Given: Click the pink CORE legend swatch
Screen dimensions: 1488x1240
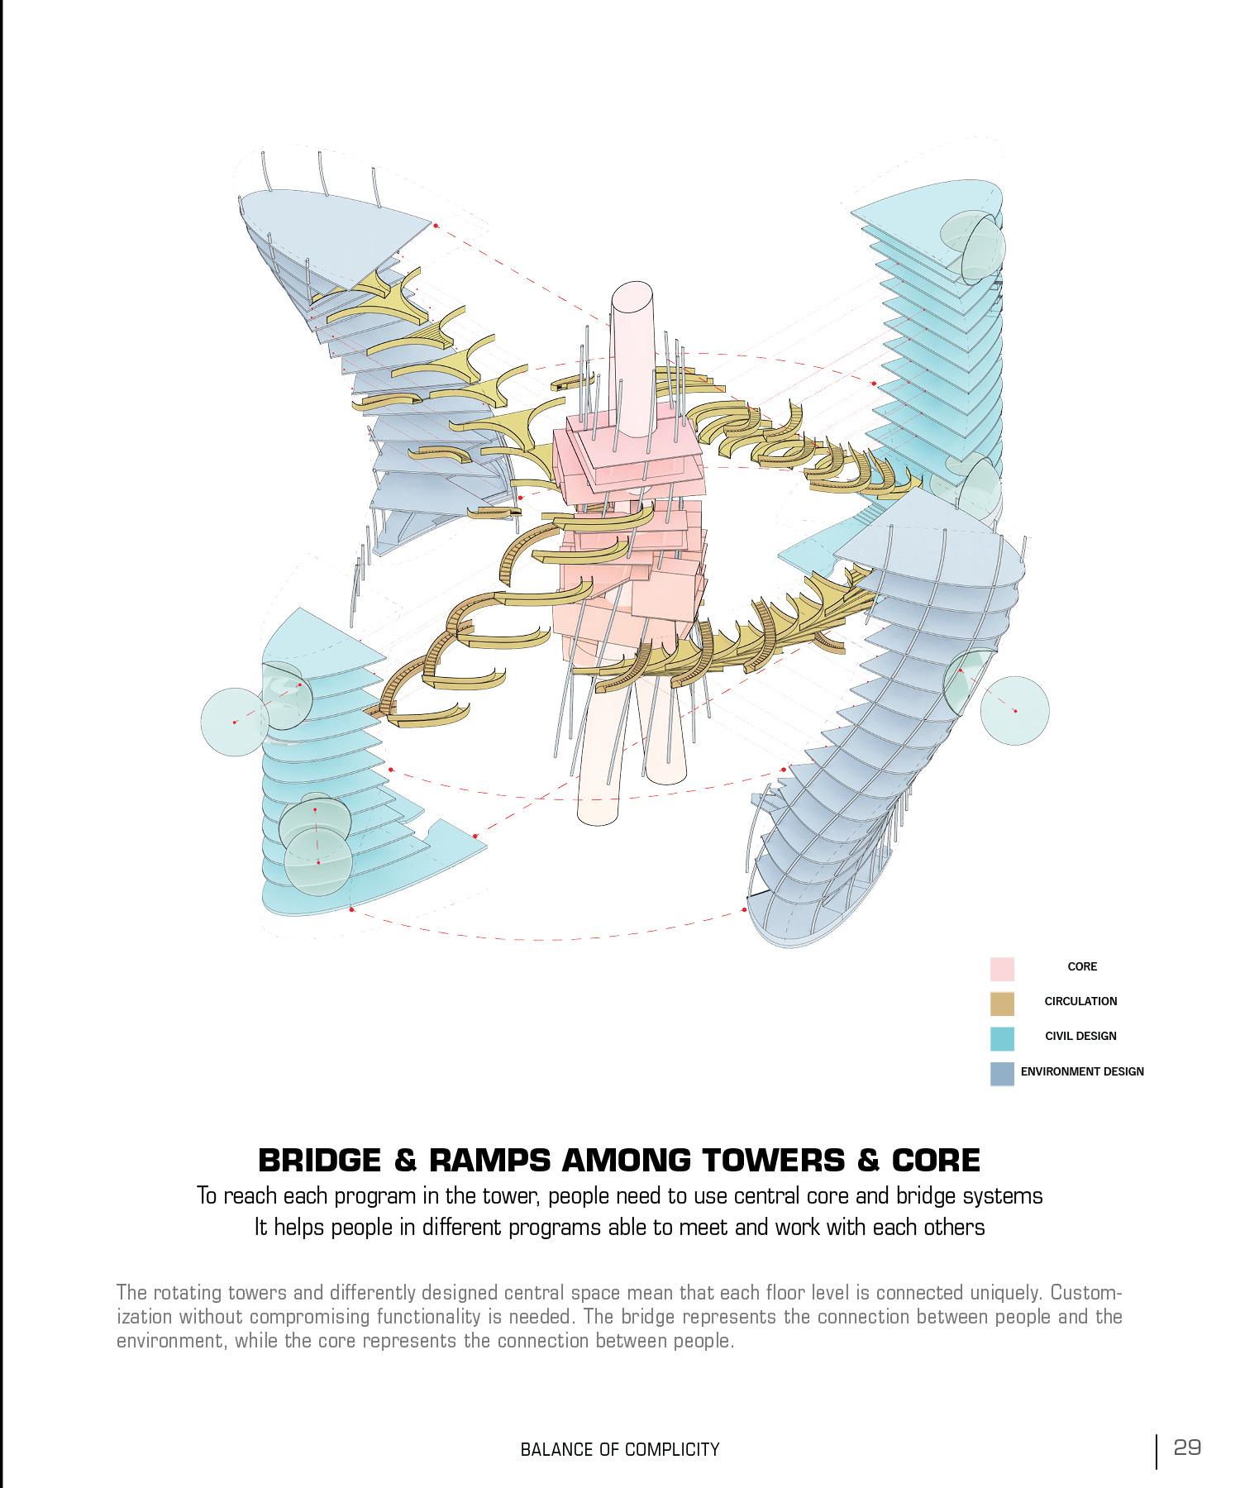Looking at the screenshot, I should tap(1002, 968).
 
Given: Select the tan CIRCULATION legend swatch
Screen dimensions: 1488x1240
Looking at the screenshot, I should tap(1002, 1003).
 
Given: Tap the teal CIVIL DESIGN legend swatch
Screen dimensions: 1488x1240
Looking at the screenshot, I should tap(1002, 1037).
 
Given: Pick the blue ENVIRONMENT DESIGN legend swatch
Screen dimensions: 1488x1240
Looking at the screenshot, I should tap(1002, 1073).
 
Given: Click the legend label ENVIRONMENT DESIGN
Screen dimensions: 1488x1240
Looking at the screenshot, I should tap(1082, 1071).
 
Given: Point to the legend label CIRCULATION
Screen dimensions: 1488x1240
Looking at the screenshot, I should tap(1080, 1001).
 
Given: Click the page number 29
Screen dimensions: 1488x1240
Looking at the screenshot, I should tap(1187, 1447).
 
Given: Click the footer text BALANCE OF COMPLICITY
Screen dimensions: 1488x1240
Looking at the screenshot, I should tap(620, 1449).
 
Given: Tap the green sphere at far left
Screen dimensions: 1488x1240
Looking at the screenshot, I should tap(235, 722).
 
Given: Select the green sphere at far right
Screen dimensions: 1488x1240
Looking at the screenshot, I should tap(1015, 709).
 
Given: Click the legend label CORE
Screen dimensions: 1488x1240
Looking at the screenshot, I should tap(1082, 966).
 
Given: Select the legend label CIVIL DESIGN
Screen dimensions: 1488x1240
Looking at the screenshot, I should tap(1080, 1036).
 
